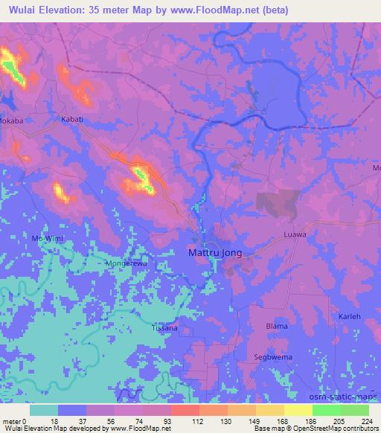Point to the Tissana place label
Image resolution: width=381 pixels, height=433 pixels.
click(164, 327)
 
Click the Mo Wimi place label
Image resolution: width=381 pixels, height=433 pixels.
click(48, 237)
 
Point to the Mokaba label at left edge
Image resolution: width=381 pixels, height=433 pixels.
click(13, 118)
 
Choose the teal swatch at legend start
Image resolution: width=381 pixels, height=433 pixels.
click(44, 410)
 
